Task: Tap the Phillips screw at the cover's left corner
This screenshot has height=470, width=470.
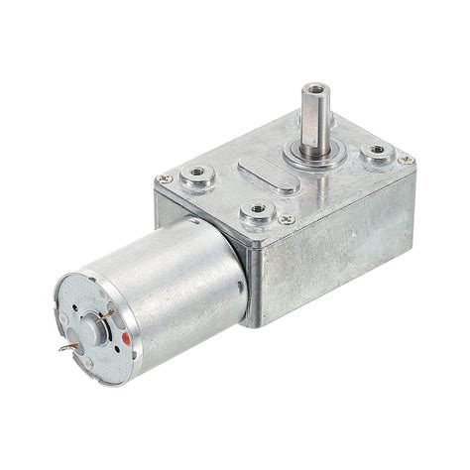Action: pos(165,178)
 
